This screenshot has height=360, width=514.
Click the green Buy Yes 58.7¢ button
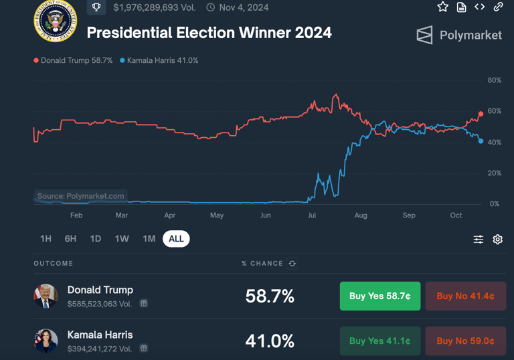[x=379, y=296]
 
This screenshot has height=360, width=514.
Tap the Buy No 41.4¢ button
[x=465, y=296]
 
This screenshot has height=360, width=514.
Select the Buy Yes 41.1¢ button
[x=379, y=341]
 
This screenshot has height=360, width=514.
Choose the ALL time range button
[x=176, y=239]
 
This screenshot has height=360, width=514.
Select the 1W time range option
[x=122, y=239]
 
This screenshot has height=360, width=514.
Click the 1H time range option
[x=46, y=239]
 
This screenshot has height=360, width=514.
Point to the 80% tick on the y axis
[x=494, y=80]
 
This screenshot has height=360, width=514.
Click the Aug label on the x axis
[x=361, y=215]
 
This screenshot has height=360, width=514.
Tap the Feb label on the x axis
[x=76, y=215]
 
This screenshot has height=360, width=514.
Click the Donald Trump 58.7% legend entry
[x=74, y=60]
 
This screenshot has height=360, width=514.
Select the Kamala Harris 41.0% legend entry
[x=159, y=60]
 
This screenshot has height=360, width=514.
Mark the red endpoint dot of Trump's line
[x=481, y=114]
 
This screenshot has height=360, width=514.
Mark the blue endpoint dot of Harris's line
[x=481, y=141]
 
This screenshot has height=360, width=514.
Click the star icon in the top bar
[x=442, y=7]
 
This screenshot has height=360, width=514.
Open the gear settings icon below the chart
[x=497, y=240]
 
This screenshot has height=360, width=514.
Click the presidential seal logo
[x=56, y=21]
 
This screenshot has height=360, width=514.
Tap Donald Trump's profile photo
[x=46, y=296]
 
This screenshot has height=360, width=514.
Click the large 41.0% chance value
[x=270, y=341]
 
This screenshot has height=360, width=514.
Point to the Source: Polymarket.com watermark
[x=80, y=196]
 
